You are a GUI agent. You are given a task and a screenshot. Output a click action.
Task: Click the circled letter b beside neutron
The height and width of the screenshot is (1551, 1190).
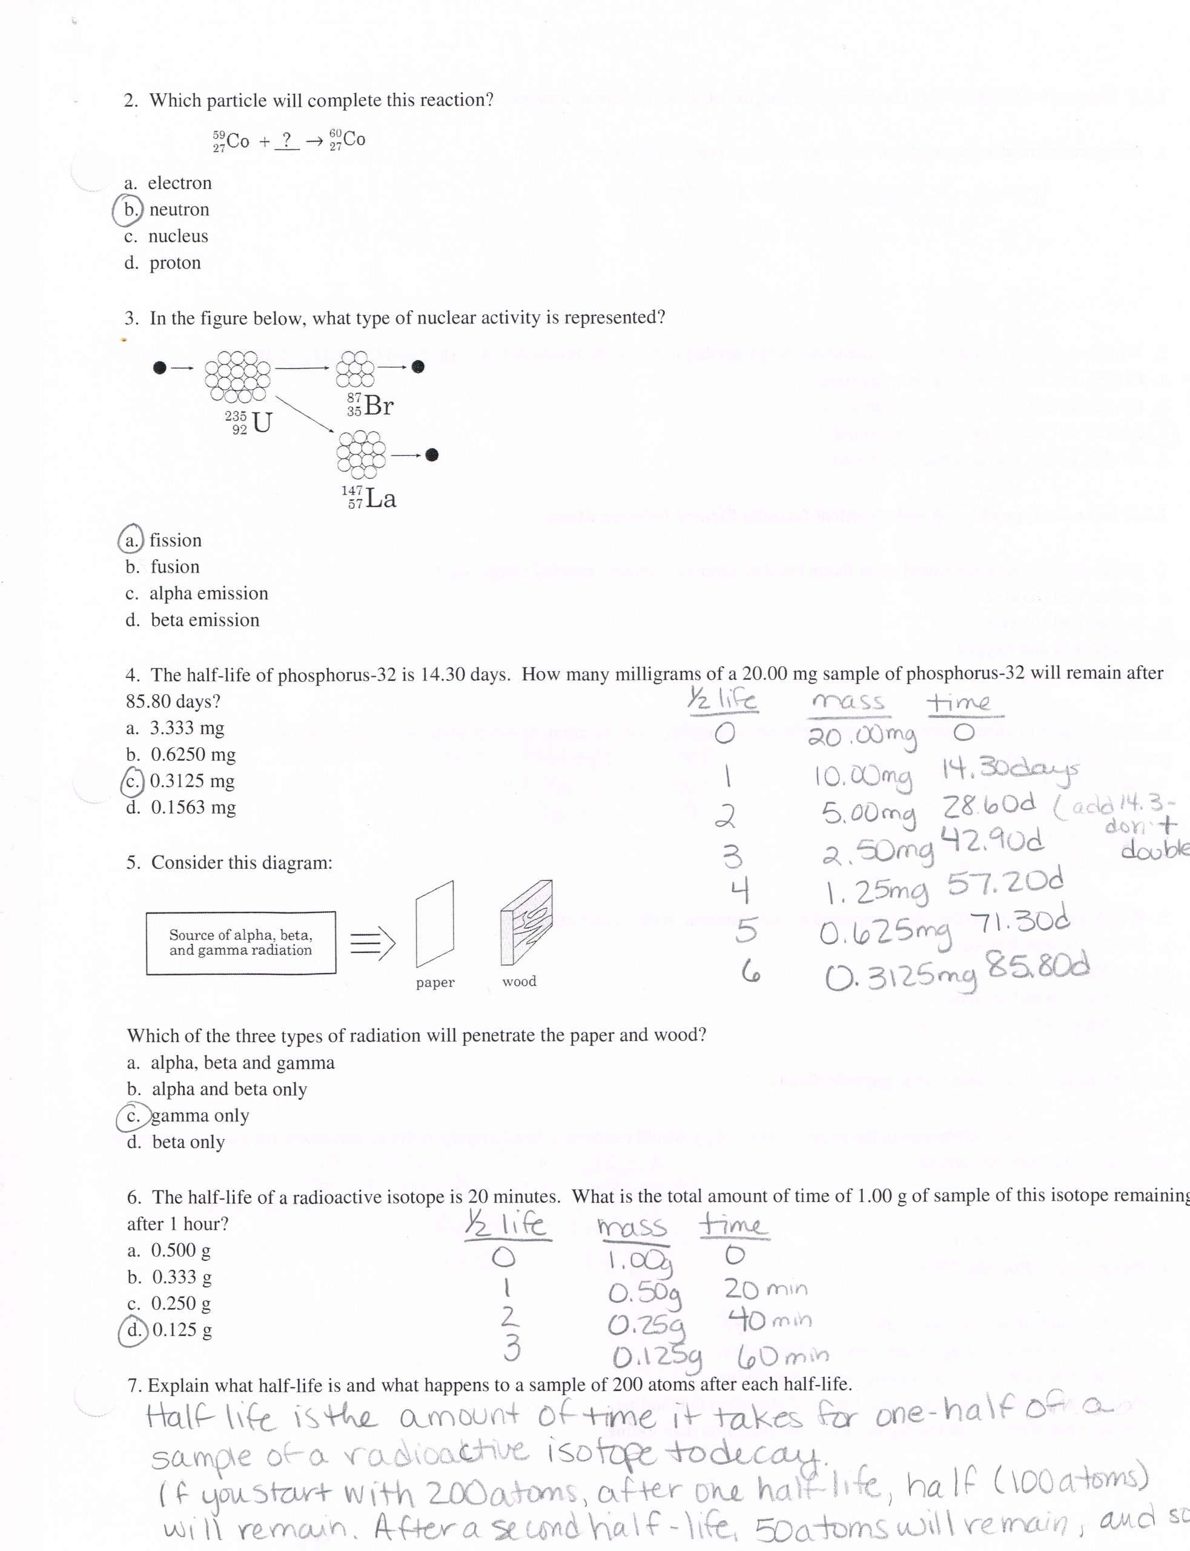pos(129,210)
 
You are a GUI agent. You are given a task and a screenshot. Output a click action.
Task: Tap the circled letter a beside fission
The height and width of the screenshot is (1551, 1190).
pos(131,540)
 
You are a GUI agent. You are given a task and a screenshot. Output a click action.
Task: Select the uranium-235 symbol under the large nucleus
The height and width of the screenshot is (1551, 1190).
pos(248,422)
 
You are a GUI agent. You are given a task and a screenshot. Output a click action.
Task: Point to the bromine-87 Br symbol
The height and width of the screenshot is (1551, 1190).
pos(370,405)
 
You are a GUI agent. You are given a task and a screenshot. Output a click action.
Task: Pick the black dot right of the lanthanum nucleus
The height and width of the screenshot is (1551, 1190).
pos(432,455)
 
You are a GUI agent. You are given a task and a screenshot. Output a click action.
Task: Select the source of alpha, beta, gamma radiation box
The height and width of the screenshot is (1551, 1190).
pos(241,942)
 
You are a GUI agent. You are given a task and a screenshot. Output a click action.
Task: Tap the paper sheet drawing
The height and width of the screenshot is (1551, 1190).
pos(435,923)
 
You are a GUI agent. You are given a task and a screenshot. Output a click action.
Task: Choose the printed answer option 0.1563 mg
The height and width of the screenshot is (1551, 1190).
pos(182,807)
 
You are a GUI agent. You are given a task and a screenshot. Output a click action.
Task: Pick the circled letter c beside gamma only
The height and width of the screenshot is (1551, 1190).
pos(134,1115)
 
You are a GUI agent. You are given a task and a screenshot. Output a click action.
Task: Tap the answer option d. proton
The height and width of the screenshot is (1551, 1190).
pos(163,263)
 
